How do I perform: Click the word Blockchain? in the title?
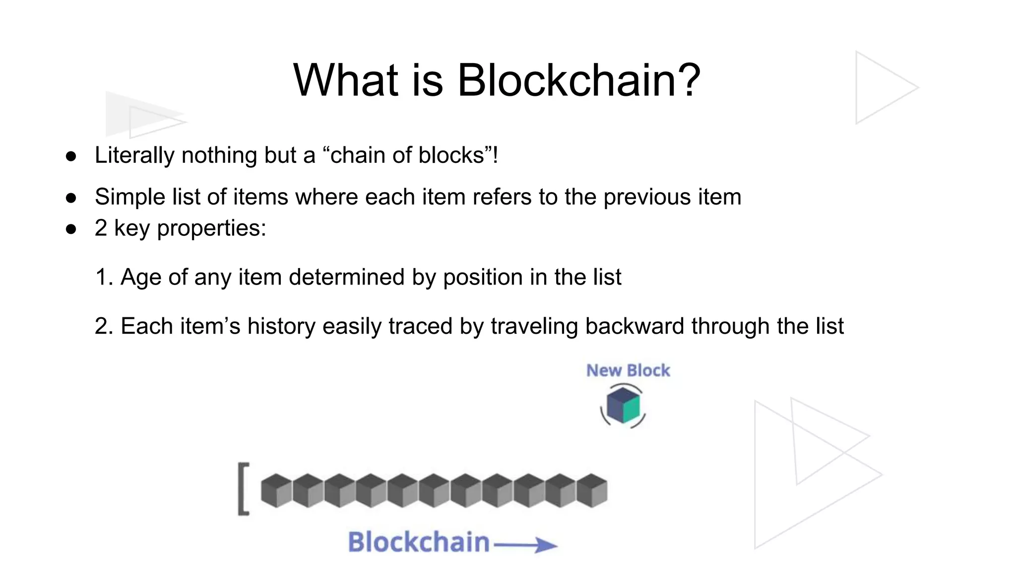click(578, 80)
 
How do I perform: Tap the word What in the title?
click(346, 80)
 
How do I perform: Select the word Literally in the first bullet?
click(134, 155)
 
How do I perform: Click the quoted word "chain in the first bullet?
click(353, 155)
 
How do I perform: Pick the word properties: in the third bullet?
click(212, 228)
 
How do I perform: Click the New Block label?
click(628, 370)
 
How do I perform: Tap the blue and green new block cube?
click(624, 405)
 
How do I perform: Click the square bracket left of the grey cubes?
click(243, 489)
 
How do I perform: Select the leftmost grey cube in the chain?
click(276, 490)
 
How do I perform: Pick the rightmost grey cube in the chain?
click(592, 490)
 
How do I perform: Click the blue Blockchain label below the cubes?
click(419, 542)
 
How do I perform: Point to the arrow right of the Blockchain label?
click(526, 546)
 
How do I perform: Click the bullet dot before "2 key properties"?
click(71, 229)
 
